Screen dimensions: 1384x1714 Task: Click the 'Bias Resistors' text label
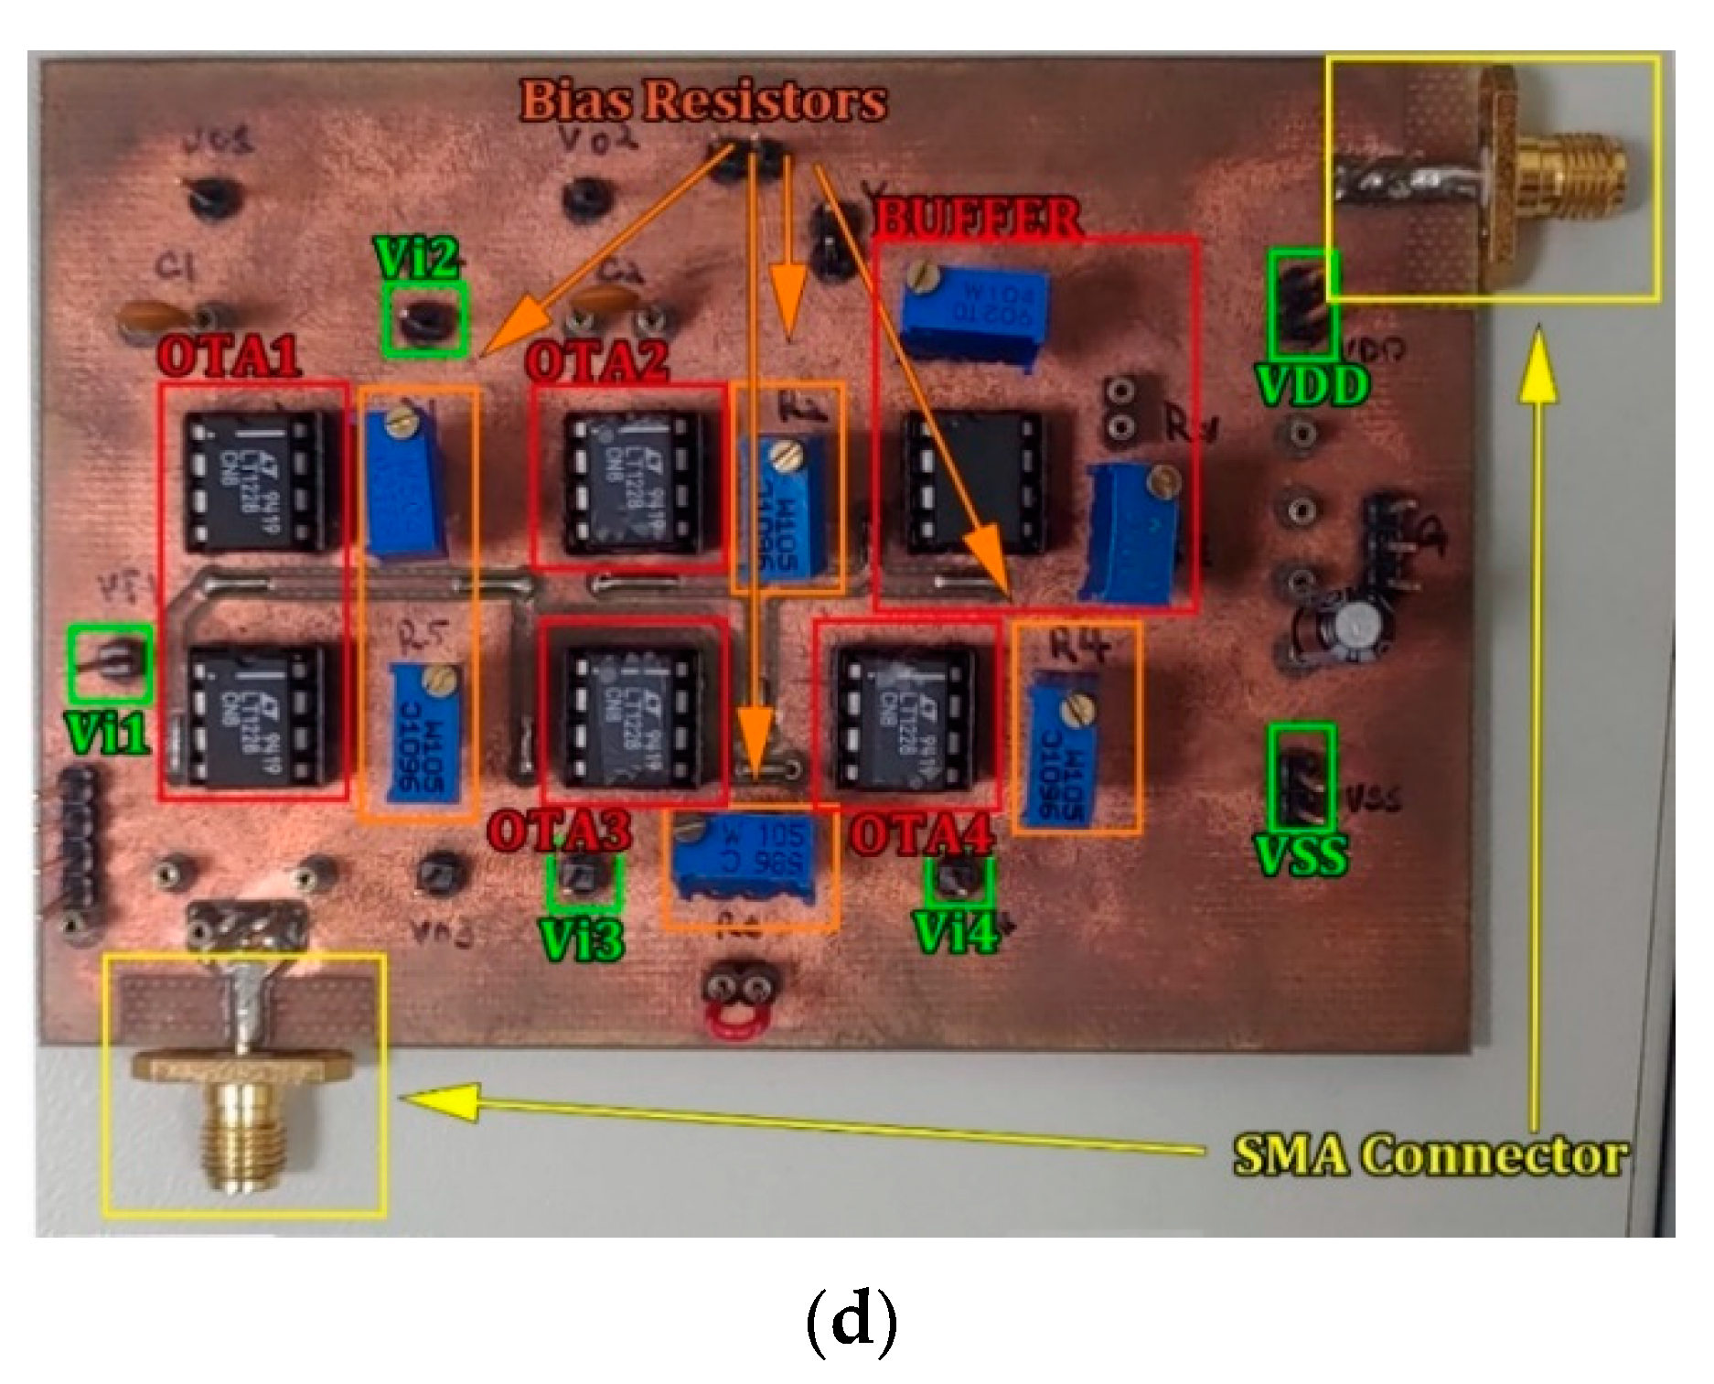point(702,100)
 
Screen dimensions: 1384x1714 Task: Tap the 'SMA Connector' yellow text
point(1430,1155)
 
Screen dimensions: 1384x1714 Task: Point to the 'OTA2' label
point(597,360)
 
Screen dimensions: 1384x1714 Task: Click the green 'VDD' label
point(1312,385)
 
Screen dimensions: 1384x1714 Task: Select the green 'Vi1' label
point(107,733)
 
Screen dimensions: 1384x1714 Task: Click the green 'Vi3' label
point(582,939)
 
